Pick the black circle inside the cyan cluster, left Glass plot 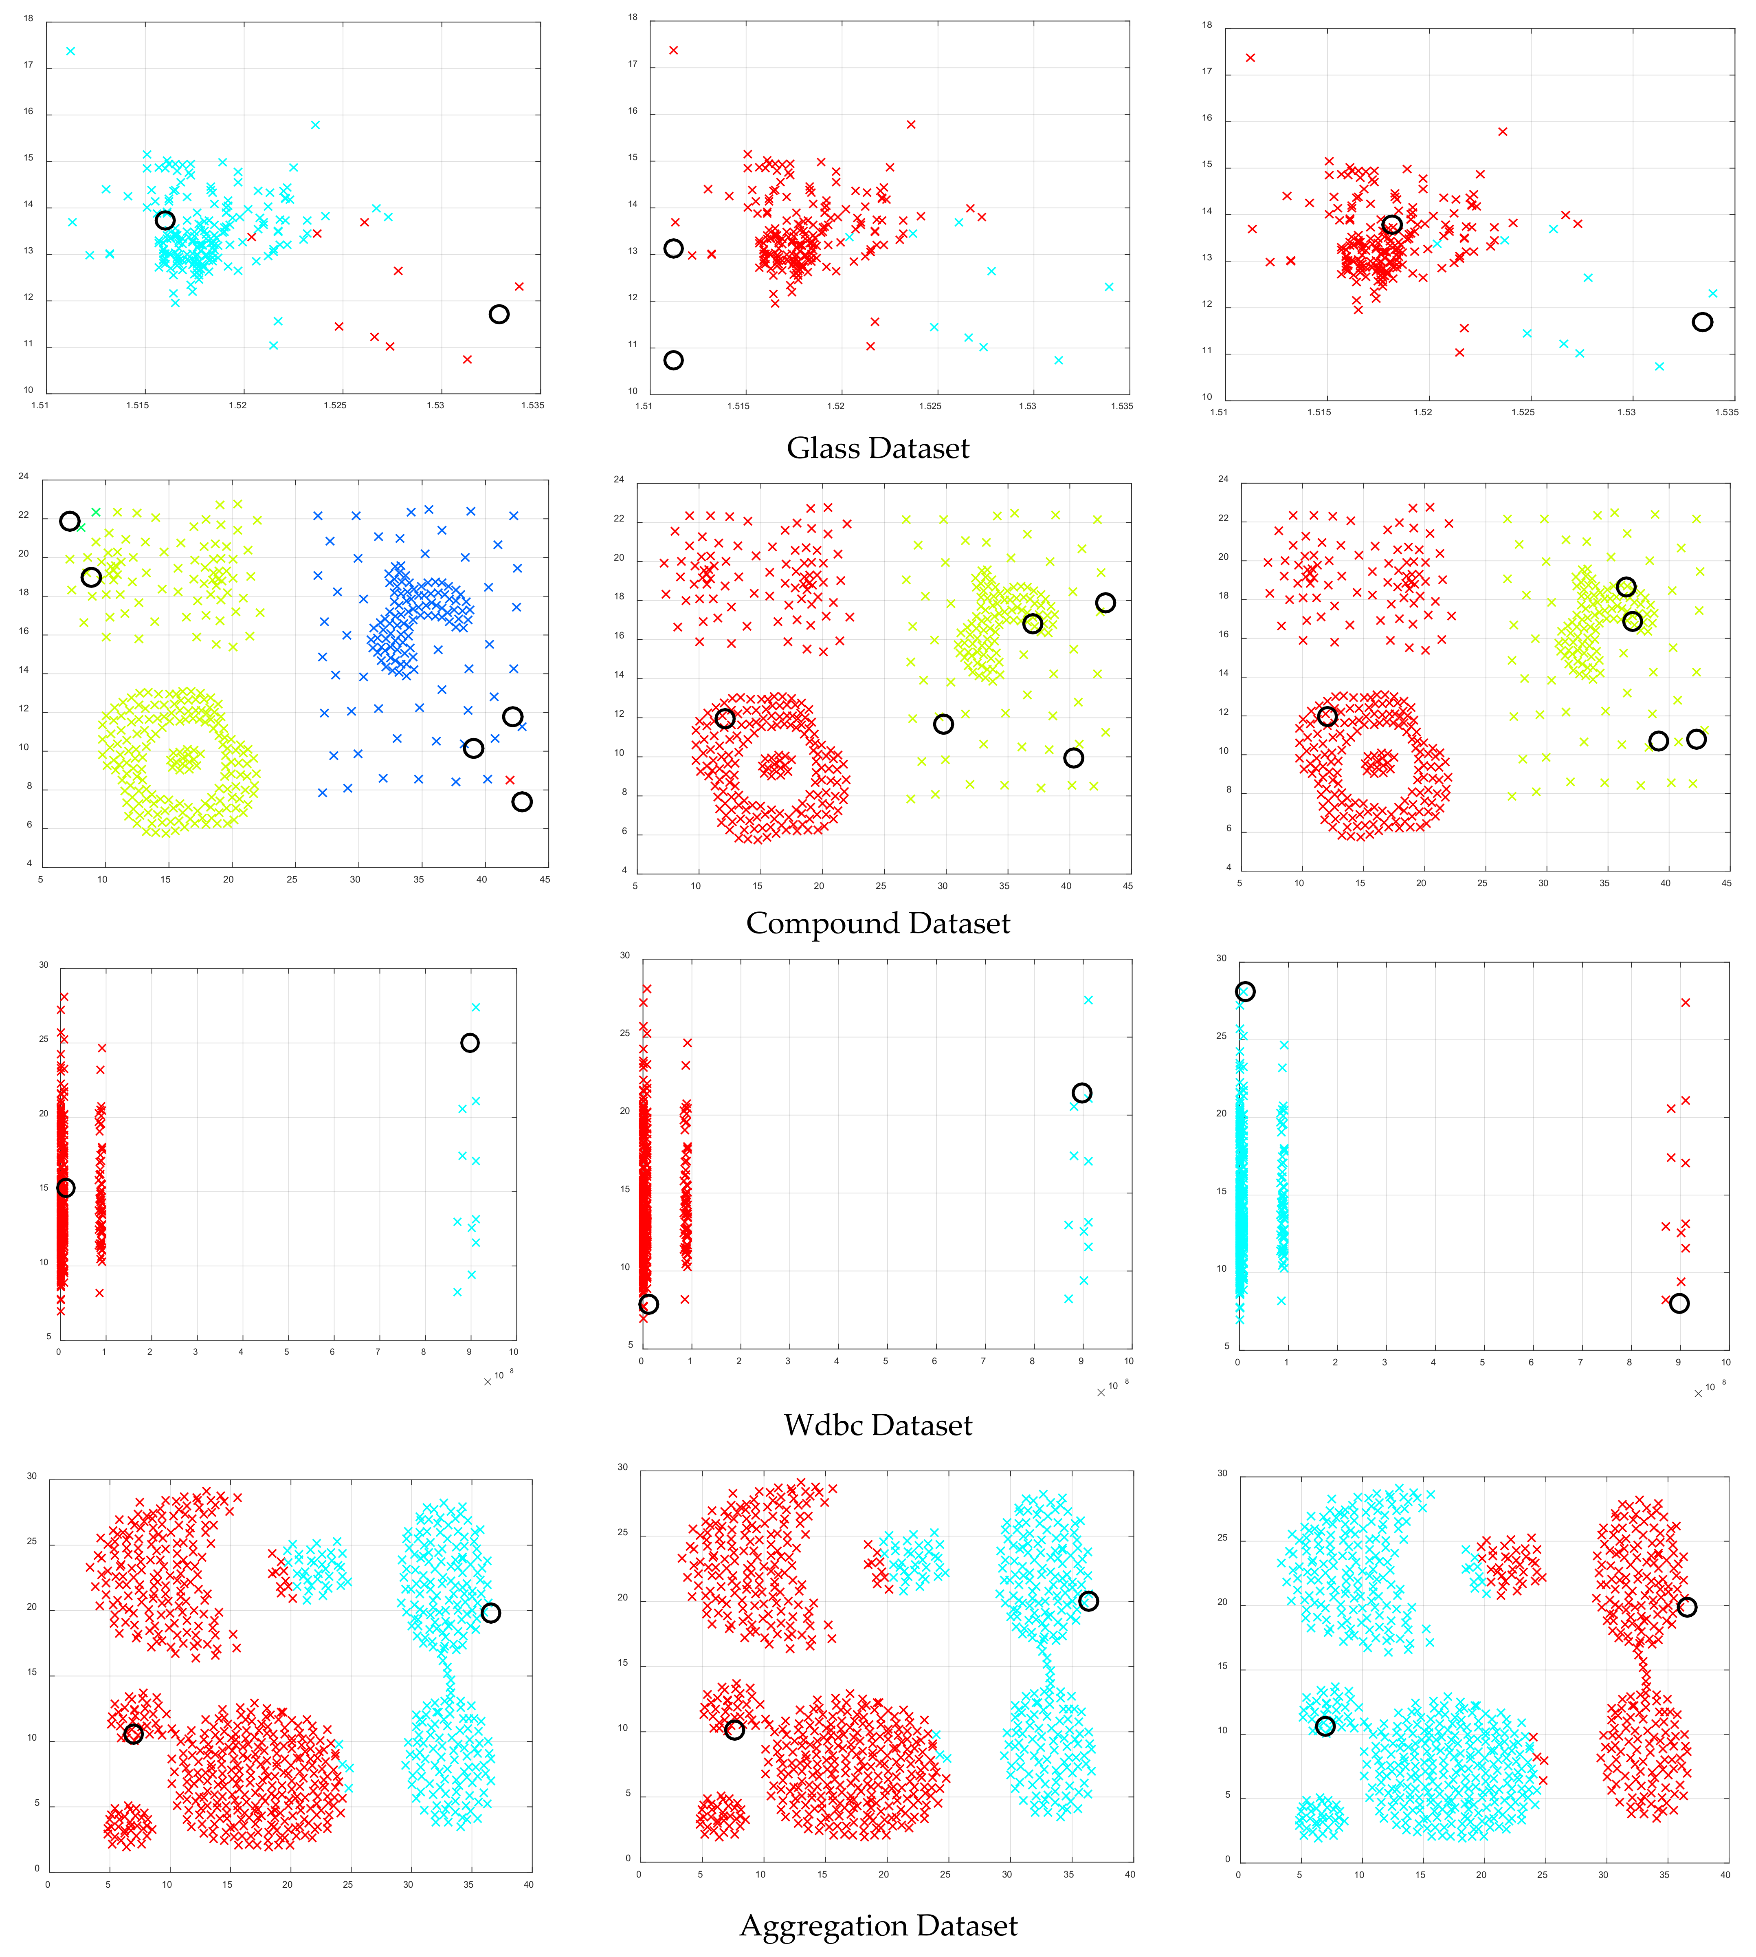[165, 220]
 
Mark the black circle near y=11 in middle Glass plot [673, 360]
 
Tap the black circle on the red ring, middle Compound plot [725, 718]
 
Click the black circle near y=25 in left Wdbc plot [470, 1042]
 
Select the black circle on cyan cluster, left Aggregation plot [490, 1613]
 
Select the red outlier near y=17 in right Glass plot [1251, 58]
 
